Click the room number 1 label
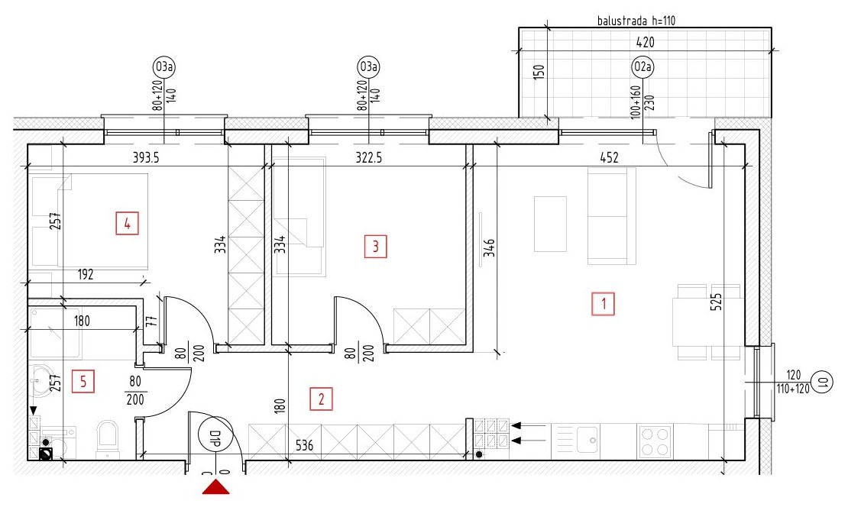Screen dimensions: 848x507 pyautogui.click(x=603, y=304)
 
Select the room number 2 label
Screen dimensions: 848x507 pyautogui.click(x=321, y=399)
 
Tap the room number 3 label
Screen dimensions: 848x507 pyautogui.click(x=375, y=247)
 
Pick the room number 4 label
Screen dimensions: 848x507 pyautogui.click(x=127, y=223)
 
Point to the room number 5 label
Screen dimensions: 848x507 pyautogui.click(x=83, y=382)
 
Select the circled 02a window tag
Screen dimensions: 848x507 pyautogui.click(x=642, y=67)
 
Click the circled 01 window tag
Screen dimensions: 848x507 pyautogui.click(x=822, y=383)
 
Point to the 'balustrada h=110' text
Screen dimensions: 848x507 pyautogui.click(x=636, y=21)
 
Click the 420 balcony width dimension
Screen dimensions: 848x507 pyautogui.click(x=646, y=42)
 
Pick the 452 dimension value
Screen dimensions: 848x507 pyautogui.click(x=609, y=157)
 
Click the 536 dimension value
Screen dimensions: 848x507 pyautogui.click(x=304, y=445)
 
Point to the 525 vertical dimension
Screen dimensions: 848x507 pyautogui.click(x=716, y=302)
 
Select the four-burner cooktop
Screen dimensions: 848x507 pyautogui.click(x=655, y=441)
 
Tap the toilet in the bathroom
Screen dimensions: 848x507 pyautogui.click(x=108, y=438)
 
